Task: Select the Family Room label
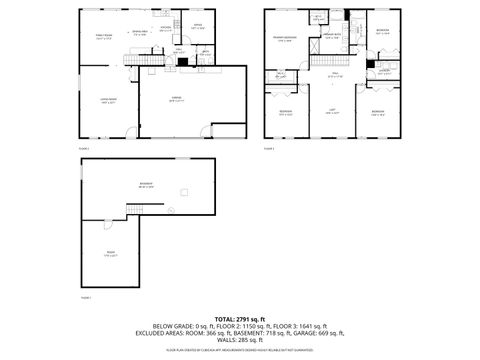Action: (x=101, y=37)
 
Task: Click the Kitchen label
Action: (x=180, y=28)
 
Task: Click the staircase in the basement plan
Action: (x=137, y=208)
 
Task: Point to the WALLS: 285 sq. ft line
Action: (x=240, y=341)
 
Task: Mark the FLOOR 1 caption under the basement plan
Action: (x=85, y=297)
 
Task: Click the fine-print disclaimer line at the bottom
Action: (x=240, y=351)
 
